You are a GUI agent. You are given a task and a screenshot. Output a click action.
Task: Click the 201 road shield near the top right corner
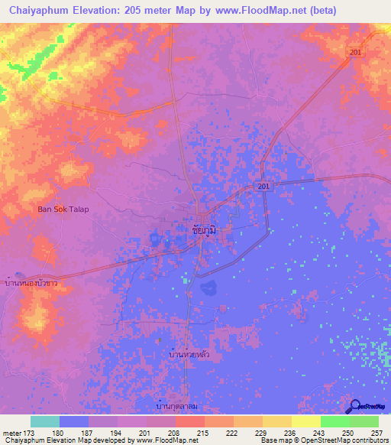tap(354, 51)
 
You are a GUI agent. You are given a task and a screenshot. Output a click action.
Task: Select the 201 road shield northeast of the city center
tap(263, 187)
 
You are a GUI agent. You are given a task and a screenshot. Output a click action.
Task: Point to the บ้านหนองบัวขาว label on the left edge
tap(31, 283)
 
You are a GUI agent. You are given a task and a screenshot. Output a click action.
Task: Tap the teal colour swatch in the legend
tap(45, 421)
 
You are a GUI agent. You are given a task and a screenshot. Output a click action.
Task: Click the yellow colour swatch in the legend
tap(306, 421)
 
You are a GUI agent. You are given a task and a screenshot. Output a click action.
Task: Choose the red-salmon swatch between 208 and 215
tap(190, 421)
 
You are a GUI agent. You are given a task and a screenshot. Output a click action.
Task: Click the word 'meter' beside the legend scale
tap(11, 432)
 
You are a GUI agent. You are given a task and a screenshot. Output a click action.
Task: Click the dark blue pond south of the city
tap(207, 289)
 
